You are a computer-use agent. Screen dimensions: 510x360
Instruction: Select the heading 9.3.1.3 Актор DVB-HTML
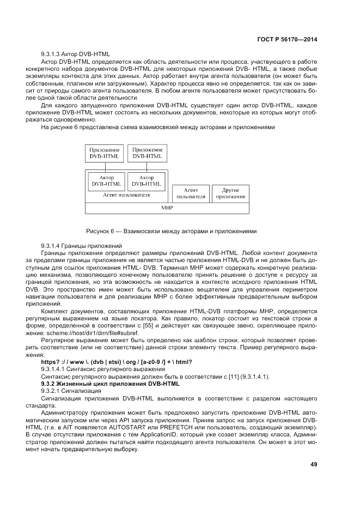tap(76, 54)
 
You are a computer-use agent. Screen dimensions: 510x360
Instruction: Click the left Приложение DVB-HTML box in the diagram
tap(103, 153)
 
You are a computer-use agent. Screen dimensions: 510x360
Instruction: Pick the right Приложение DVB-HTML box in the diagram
tap(147, 153)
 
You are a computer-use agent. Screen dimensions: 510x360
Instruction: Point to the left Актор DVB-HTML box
tap(106, 181)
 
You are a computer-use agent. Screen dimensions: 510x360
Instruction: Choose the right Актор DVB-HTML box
tap(147, 181)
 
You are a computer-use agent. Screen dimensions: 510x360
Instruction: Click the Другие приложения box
tap(230, 193)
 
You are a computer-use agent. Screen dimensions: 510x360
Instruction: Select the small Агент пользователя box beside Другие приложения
tap(191, 193)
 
